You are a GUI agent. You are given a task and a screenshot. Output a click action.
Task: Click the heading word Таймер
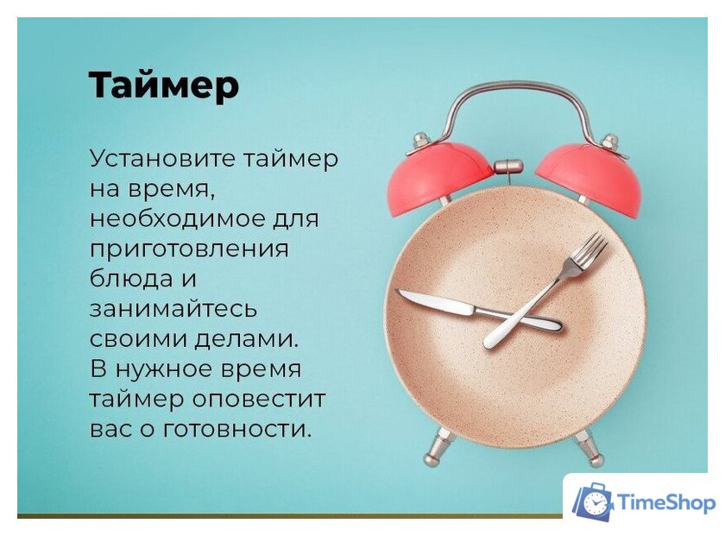[x=163, y=85]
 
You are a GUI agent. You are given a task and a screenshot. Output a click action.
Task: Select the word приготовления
[x=188, y=249]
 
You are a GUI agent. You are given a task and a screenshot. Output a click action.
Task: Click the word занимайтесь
[x=173, y=309]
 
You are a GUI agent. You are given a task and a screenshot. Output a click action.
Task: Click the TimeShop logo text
[x=666, y=503]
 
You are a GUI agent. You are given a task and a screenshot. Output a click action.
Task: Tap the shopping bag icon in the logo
[x=593, y=502]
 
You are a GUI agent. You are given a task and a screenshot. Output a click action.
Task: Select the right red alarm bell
[x=589, y=176]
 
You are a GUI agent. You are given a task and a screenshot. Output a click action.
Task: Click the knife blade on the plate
[x=436, y=303]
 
